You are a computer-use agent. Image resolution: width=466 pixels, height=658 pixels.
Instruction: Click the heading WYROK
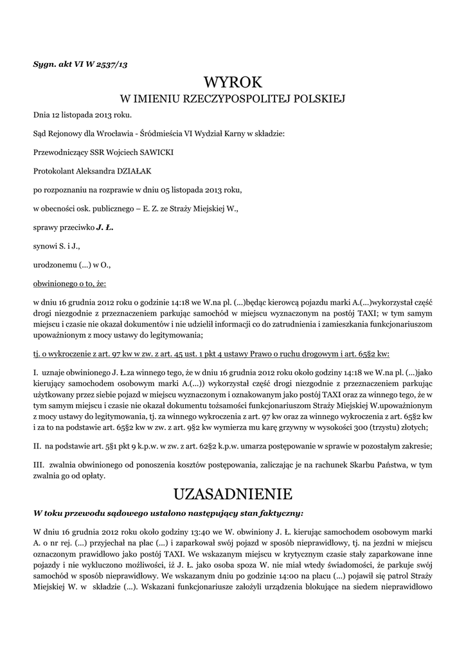click(x=233, y=83)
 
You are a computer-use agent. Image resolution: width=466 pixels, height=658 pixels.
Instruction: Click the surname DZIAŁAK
click(x=134, y=171)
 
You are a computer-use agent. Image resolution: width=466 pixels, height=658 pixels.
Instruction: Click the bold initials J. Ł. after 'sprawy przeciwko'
click(x=105, y=227)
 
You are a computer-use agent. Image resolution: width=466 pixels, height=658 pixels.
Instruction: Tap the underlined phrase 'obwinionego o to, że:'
click(x=69, y=283)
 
